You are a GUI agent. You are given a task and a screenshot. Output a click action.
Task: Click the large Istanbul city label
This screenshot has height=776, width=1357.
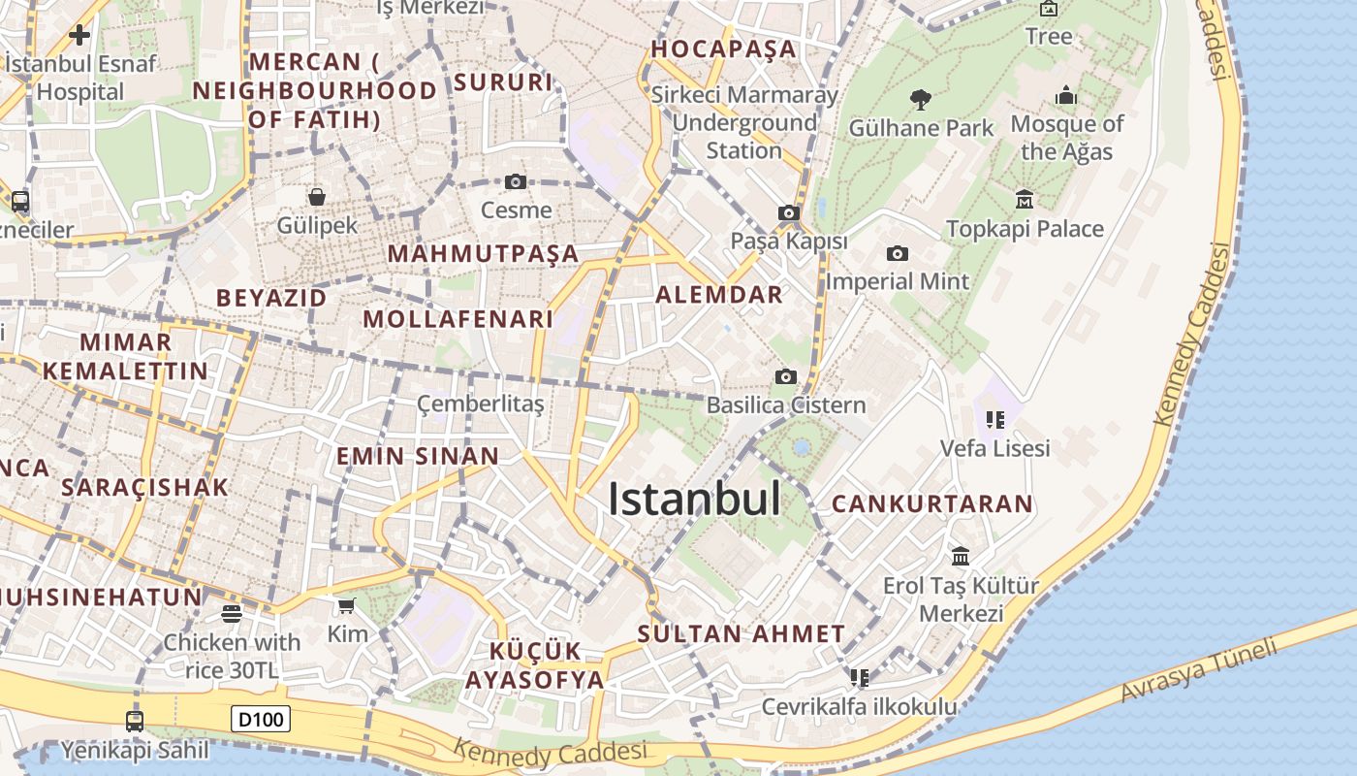tap(694, 500)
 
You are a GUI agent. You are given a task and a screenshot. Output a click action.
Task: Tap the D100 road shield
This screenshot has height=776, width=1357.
tap(261, 719)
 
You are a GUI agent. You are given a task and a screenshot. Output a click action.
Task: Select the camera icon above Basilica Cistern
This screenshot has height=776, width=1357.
tap(786, 376)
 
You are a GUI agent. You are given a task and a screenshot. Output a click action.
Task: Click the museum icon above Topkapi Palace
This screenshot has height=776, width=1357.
tap(1024, 200)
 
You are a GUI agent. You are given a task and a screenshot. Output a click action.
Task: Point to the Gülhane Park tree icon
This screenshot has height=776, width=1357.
tap(921, 99)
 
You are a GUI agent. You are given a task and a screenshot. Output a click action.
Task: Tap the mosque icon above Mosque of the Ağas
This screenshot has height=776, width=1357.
tap(1066, 96)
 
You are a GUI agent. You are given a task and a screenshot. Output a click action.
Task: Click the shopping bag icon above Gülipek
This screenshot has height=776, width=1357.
tap(317, 197)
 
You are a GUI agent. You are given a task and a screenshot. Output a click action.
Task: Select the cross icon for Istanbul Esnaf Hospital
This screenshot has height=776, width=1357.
tap(79, 36)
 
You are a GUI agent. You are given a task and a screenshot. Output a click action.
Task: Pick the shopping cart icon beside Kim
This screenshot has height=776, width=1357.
tap(346, 606)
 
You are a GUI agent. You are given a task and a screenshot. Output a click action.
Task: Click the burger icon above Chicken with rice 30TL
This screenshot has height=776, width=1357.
tap(231, 613)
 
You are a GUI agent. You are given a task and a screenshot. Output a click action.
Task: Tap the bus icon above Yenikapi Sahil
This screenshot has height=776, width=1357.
tap(135, 721)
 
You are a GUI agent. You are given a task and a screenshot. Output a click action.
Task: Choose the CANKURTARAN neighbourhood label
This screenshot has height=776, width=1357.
tap(932, 504)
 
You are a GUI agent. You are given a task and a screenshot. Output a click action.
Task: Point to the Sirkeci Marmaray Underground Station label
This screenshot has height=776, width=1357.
tap(744, 123)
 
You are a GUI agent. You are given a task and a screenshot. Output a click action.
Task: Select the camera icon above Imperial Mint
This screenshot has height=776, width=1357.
tap(898, 253)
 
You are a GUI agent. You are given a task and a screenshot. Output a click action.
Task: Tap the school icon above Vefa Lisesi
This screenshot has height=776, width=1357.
tap(994, 420)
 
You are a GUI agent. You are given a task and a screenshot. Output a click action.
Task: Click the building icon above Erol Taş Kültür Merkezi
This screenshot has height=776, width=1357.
tap(961, 556)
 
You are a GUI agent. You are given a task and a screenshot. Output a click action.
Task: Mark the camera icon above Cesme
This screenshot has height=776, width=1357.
tap(516, 181)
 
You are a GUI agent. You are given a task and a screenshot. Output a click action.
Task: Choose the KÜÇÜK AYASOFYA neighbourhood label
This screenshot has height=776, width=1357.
tap(535, 665)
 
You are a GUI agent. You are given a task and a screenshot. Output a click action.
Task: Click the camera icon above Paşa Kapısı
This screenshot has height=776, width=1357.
tap(789, 212)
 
